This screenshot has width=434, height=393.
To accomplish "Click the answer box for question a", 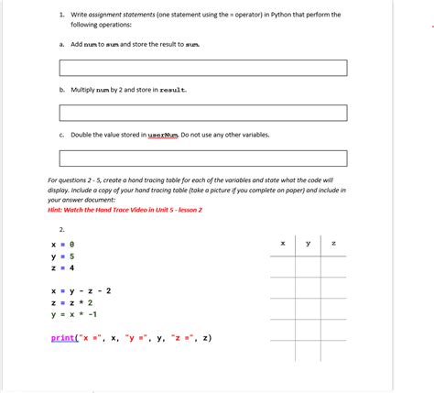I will tap(203, 68).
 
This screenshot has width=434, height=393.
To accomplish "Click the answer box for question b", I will tap(203, 113).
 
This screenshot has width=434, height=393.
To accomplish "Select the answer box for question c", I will tap(203, 158).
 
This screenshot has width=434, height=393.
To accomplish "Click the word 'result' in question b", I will tap(172, 90).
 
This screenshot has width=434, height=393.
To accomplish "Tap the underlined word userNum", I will tap(162, 135).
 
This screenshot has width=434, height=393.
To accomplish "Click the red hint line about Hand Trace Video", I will tap(125, 209).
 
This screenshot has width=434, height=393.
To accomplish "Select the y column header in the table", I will tap(308, 243).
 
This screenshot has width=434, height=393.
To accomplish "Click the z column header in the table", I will tap(333, 243).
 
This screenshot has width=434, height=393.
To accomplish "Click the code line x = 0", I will tap(62, 245).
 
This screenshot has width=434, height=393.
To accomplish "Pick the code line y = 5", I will tap(62, 257).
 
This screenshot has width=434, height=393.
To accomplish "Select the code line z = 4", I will tap(62, 268).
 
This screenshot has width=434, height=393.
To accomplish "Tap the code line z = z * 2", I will tap(72, 302).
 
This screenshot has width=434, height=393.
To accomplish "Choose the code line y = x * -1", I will tap(74, 314).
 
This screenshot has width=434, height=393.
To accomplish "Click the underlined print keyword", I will tap(64, 337).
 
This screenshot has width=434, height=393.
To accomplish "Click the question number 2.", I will tap(61, 229).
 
